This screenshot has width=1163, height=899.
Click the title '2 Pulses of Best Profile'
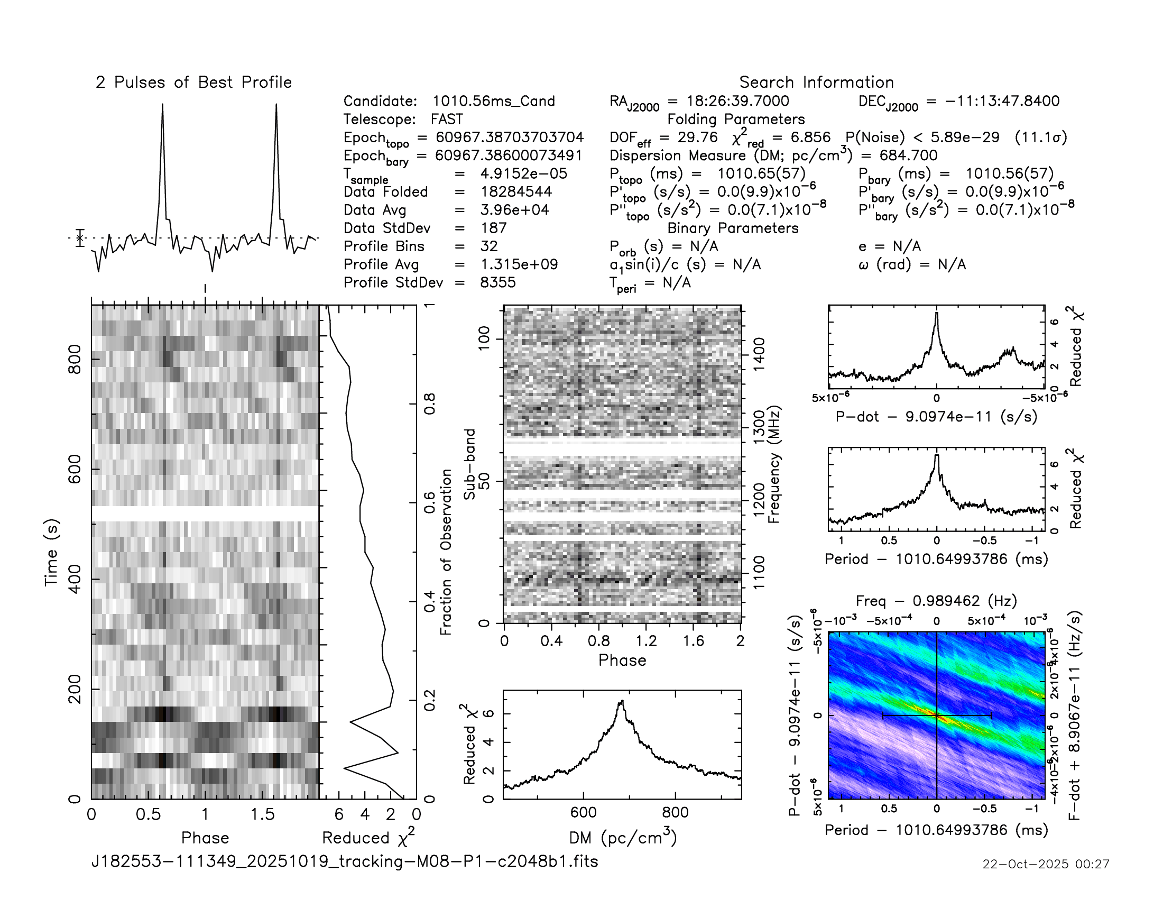tap(194, 82)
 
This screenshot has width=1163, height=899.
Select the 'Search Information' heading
tap(816, 82)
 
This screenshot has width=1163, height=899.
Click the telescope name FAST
tap(447, 120)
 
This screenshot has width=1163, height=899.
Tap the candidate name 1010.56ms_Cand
tap(493, 101)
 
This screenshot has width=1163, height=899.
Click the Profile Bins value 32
tap(489, 246)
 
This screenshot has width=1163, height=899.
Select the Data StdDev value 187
tap(493, 228)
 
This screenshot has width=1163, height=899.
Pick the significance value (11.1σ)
tap(1040, 137)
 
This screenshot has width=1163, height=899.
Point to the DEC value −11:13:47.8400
tap(1002, 101)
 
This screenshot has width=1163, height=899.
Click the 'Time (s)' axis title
tap(52, 552)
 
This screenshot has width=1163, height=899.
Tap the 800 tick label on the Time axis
tap(75, 360)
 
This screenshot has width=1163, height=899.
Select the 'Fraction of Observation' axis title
tap(446, 552)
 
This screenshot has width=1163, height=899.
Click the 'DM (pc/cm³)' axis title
tap(623, 838)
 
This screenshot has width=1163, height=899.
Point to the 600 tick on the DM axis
tap(583, 813)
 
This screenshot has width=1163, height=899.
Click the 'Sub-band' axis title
tap(469, 464)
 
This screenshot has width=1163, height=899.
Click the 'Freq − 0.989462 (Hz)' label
tap(936, 601)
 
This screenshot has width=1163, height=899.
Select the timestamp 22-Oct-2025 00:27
tap(1046, 864)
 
